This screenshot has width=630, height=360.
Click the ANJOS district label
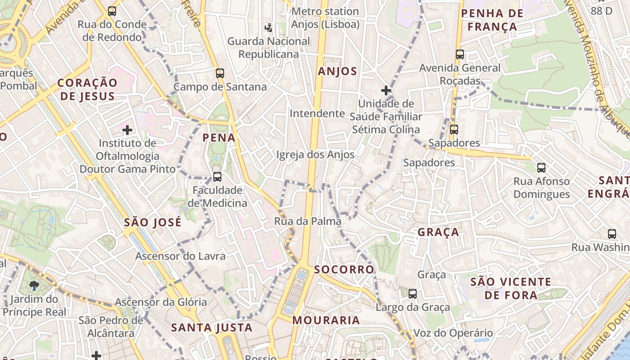point(337,71)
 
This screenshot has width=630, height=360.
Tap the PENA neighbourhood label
point(219,138)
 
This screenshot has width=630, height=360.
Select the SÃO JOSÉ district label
point(153,222)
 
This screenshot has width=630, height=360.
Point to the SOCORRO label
point(344,270)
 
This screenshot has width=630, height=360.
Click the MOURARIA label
point(326,320)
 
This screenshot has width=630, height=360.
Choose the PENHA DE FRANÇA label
point(492,20)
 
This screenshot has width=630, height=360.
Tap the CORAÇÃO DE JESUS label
point(88,89)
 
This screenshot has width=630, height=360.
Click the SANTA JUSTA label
point(212,328)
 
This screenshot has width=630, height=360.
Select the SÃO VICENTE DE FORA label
point(511,288)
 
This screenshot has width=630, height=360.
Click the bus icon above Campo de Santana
point(220,73)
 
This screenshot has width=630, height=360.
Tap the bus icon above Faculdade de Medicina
point(217,176)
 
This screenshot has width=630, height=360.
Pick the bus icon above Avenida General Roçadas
point(459,54)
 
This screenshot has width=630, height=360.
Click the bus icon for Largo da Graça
point(413,294)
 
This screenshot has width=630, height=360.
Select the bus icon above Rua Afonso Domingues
point(541,168)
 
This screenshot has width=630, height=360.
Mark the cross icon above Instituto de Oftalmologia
point(127,130)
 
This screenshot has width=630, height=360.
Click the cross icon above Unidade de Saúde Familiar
point(386,90)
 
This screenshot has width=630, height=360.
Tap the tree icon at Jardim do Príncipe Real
point(34,285)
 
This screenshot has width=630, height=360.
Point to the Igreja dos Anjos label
point(315,155)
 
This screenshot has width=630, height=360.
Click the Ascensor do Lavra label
point(180,256)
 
